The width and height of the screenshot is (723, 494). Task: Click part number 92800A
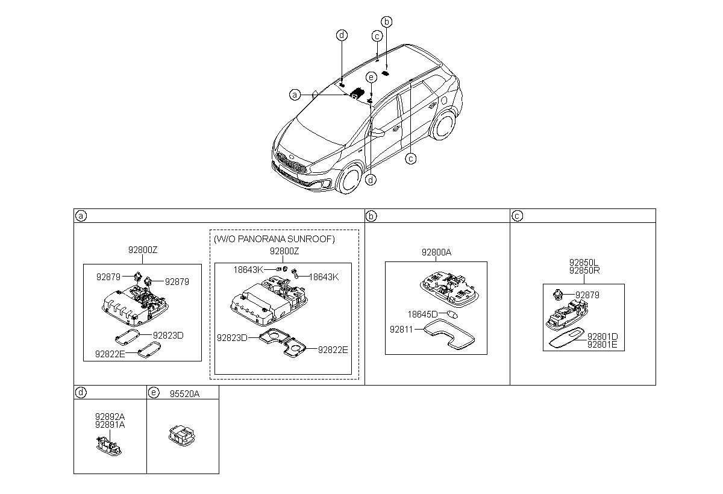coord(436,252)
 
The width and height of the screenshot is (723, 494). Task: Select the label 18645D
coord(422,314)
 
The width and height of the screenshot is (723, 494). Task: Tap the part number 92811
coord(401,330)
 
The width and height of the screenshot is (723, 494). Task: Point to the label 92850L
coord(584,262)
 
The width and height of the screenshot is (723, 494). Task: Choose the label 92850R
coord(584,270)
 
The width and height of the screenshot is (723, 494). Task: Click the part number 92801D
coord(602,337)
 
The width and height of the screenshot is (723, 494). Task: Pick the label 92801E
coord(602,345)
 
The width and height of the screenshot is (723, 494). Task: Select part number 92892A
coord(110,416)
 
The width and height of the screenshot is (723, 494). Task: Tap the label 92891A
coord(110,425)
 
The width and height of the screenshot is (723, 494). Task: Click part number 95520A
coord(184,394)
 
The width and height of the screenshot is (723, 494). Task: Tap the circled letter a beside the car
coord(295,95)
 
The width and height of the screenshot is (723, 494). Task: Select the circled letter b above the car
coord(387,22)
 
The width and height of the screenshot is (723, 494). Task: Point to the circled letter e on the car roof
coord(371,78)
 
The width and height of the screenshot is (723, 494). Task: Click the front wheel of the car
coord(349,180)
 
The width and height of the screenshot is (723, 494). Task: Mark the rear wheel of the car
coord(443,125)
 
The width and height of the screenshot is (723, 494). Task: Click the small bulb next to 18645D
coord(452,314)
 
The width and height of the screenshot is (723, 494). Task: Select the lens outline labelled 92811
coord(449,334)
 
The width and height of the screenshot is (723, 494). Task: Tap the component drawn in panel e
coord(182,436)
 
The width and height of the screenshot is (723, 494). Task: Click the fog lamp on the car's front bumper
coord(326,184)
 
